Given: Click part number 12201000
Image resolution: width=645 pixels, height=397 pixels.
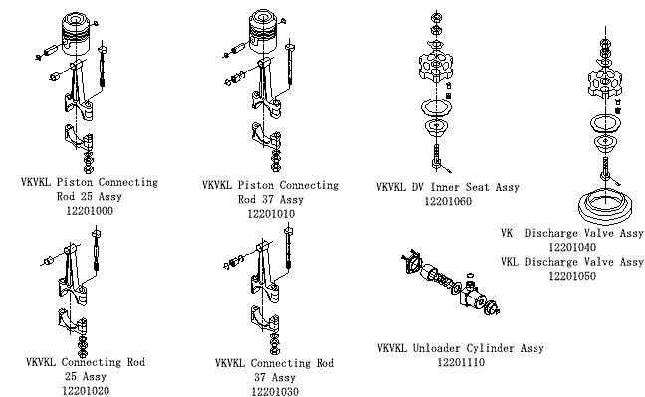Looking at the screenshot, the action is click(90, 211).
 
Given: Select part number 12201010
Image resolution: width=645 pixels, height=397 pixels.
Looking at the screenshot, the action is click(271, 214).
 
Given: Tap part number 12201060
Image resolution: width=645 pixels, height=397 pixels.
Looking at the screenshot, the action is click(448, 202).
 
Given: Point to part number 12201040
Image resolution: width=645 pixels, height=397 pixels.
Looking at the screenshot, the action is click(572, 247).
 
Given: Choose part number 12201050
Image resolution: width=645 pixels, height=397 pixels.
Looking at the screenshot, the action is click(572, 276).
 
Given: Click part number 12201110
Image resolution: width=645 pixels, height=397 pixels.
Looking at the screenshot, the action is click(461, 363).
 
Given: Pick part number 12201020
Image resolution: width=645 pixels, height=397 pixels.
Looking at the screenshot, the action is click(86, 390).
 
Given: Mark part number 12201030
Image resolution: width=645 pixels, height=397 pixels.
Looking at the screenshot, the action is click(275, 392).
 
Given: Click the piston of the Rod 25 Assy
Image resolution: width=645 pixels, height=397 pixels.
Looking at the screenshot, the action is click(76, 34).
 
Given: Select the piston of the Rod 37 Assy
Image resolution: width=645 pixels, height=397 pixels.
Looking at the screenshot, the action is click(263, 31).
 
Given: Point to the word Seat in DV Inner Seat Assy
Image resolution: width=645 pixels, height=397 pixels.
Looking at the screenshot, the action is click(477, 187).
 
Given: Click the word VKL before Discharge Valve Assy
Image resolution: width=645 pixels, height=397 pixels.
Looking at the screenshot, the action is click(510, 262).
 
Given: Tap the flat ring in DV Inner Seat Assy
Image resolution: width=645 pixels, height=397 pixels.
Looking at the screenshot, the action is click(436, 108).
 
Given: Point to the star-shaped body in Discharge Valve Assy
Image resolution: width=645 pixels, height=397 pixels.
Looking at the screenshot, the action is click(605, 82).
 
